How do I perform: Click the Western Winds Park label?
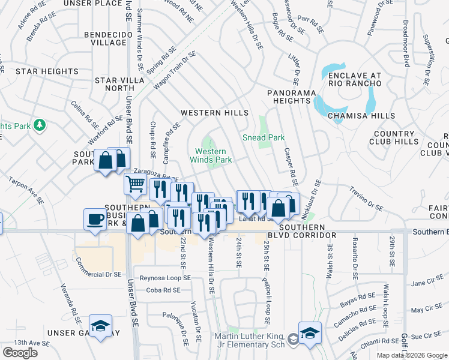211,155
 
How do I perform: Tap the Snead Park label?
264,137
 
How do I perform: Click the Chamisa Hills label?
362,116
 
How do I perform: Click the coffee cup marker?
95,219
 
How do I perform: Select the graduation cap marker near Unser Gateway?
101,326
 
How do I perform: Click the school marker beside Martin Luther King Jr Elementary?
310,333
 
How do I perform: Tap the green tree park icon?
40,125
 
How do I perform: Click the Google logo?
20,352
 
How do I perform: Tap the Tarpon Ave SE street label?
26,191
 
